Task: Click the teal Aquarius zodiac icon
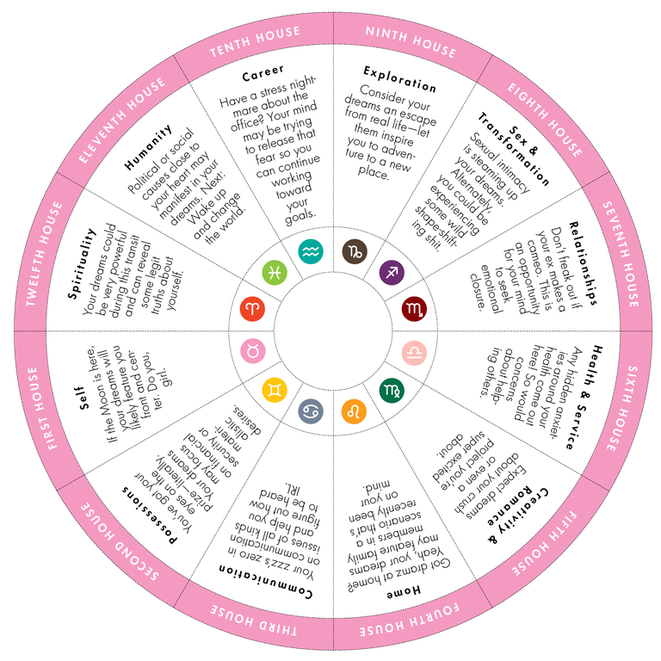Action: click(x=311, y=251)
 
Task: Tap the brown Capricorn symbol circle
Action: click(x=355, y=251)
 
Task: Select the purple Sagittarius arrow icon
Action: click(x=392, y=272)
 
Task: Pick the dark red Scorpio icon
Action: click(x=414, y=309)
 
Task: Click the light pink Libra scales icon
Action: click(x=414, y=353)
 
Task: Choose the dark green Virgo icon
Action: click(x=392, y=391)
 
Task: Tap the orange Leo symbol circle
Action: click(x=354, y=411)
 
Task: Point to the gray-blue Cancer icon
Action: click(x=311, y=411)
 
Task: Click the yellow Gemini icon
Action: click(x=275, y=391)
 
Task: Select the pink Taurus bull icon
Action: click(x=252, y=351)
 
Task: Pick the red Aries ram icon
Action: click(x=252, y=309)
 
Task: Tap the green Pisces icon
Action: click(x=275, y=272)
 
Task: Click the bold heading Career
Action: click(x=263, y=73)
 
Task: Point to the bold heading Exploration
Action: click(x=399, y=79)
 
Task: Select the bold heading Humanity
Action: click(x=148, y=147)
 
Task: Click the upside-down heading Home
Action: click(x=404, y=592)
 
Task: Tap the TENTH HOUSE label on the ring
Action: click(x=255, y=41)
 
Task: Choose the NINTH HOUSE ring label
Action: click(x=411, y=41)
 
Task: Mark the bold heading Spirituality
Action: click(x=82, y=264)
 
